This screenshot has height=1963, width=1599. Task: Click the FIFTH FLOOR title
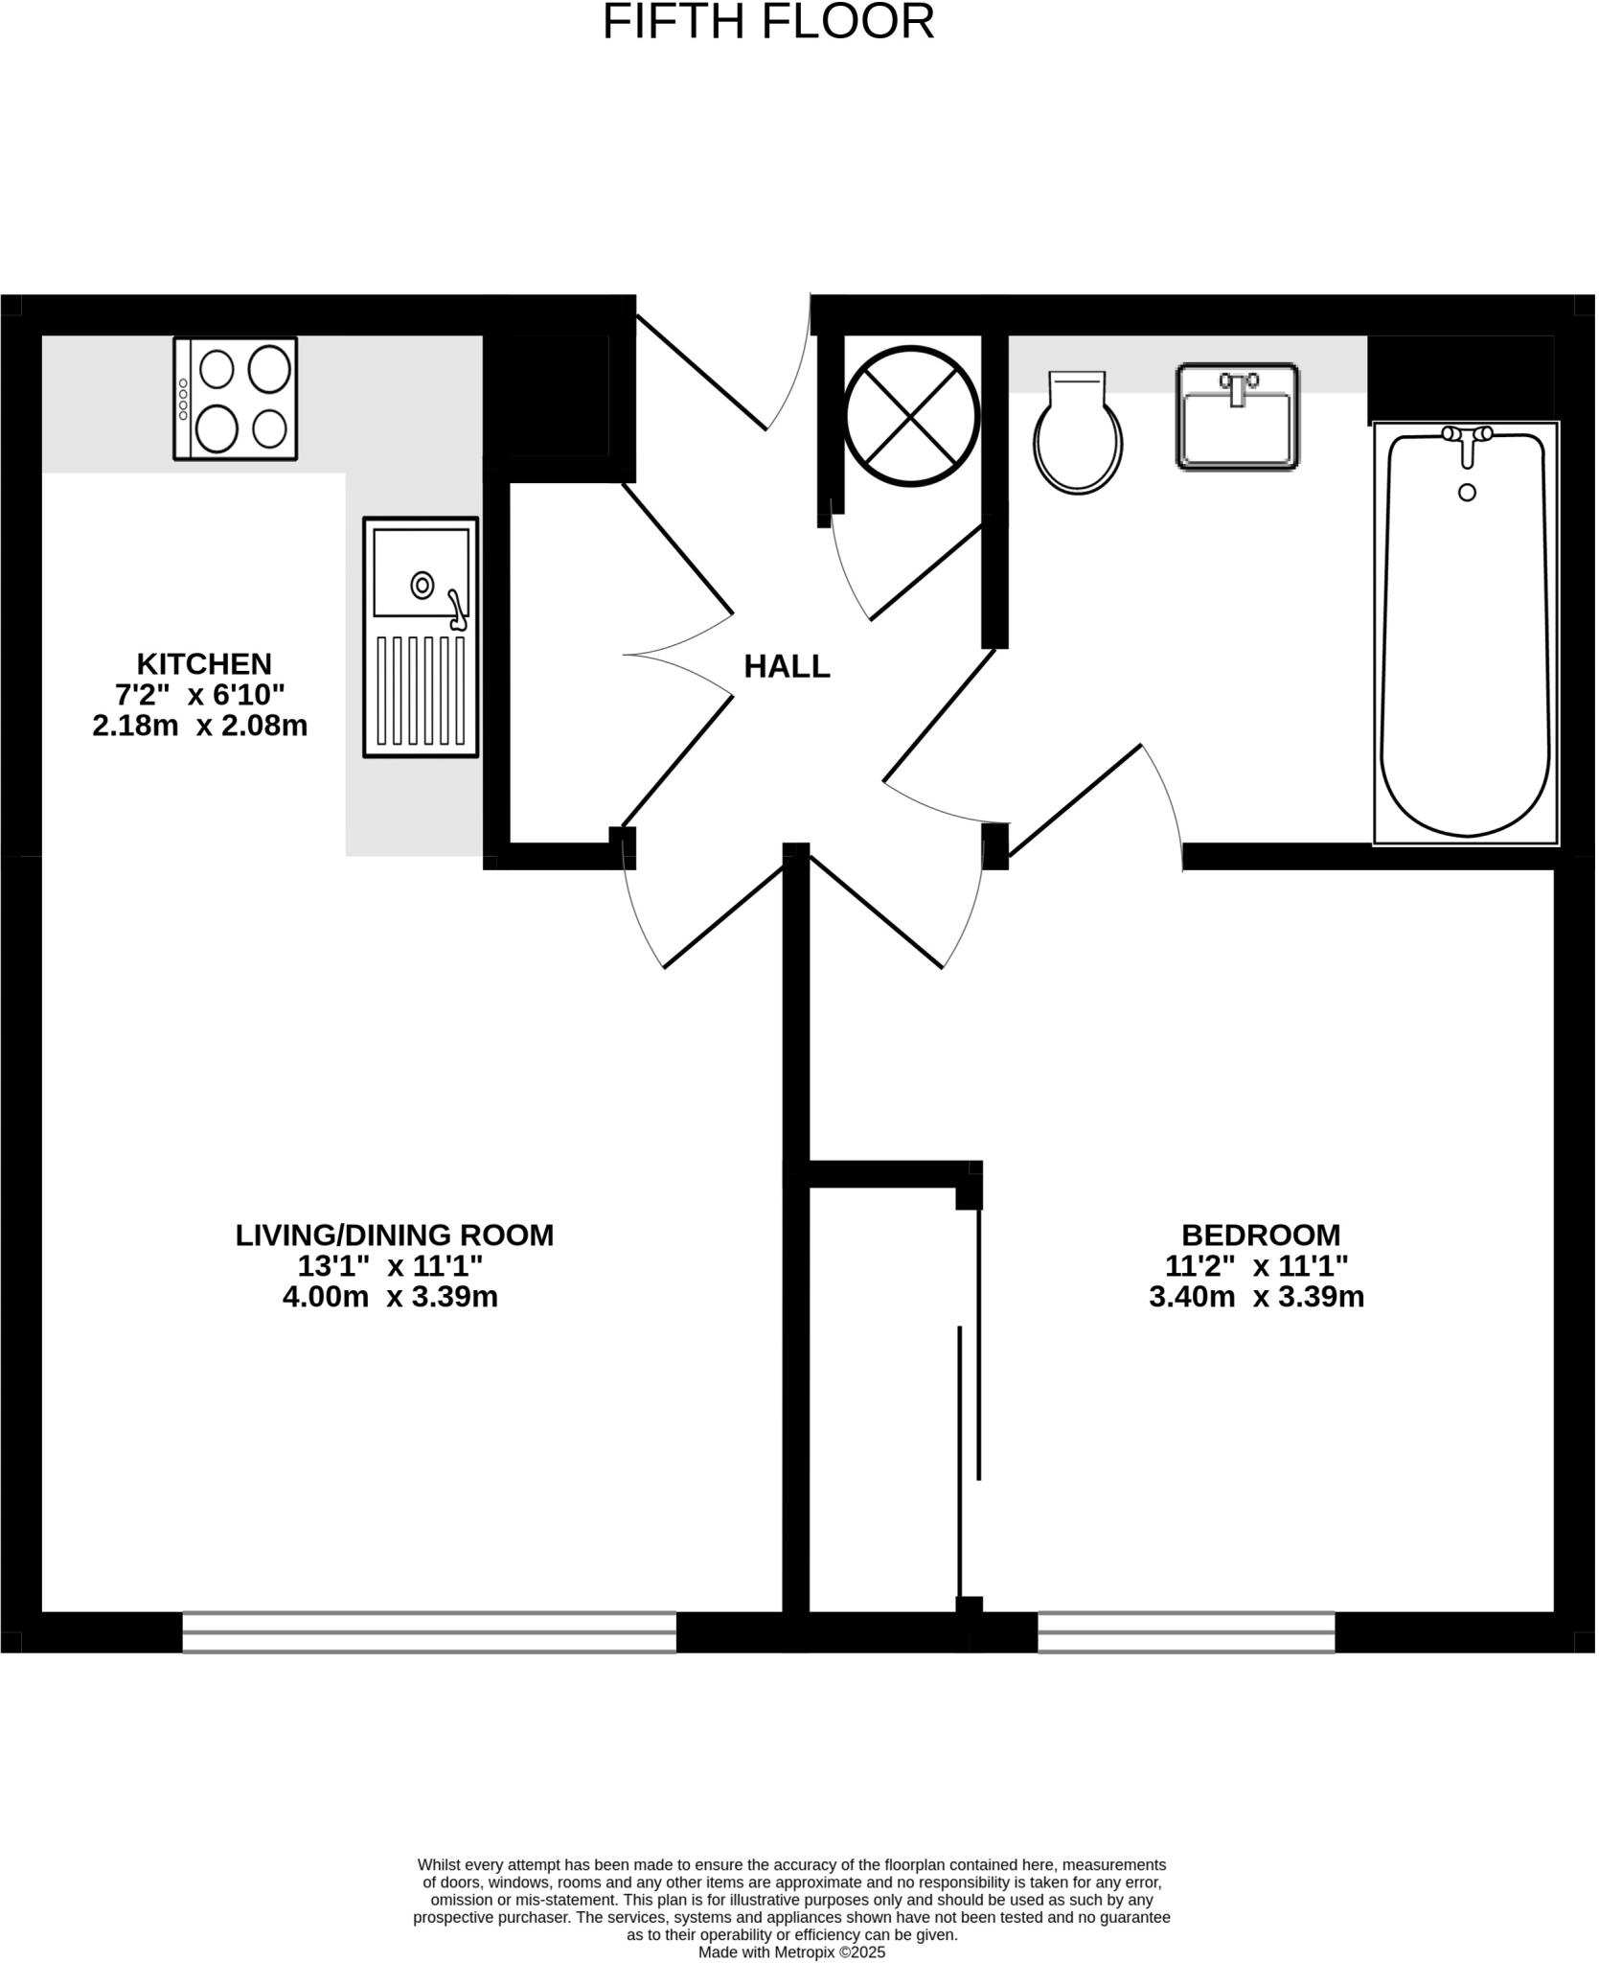767,22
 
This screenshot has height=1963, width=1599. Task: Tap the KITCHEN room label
204,663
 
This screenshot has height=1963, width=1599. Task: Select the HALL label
787,666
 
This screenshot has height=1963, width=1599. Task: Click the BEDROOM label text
1260,1235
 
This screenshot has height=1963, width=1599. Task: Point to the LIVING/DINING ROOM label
394,1235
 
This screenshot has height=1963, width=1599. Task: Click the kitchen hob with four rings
235,398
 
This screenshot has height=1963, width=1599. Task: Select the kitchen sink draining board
420,690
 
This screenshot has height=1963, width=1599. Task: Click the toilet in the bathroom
1078,436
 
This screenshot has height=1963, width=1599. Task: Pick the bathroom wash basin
1237,417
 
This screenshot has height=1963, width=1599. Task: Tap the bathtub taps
1467,436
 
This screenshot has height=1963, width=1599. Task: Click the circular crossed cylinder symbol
911,416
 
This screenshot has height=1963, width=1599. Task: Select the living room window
428,1632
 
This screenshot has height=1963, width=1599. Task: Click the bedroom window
1185,1632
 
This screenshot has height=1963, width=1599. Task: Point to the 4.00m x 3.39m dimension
390,1297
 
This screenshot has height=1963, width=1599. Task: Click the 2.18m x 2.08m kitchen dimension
199,726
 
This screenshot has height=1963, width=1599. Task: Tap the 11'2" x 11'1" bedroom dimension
1256,1266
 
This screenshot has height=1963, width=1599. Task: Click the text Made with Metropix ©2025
791,1951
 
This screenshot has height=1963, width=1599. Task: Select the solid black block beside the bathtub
1460,378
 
